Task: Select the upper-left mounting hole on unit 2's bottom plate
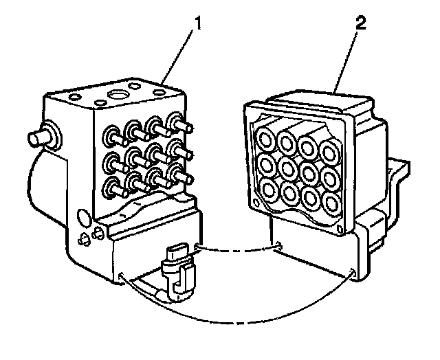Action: pos(278,245)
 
